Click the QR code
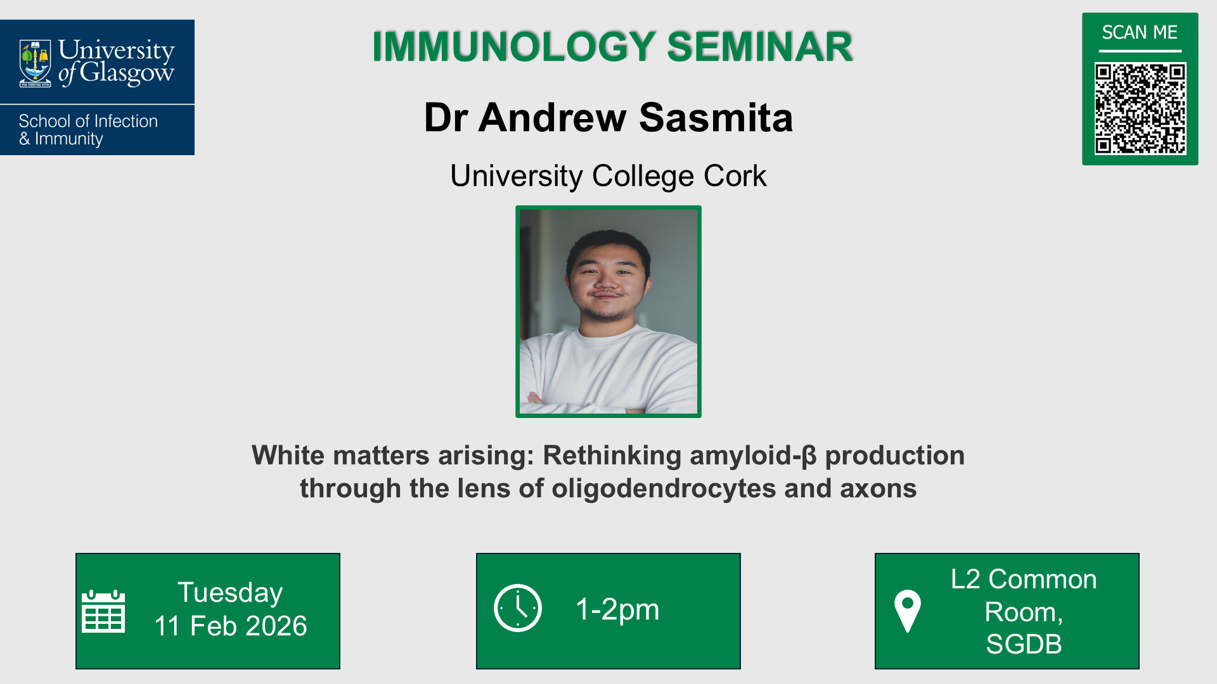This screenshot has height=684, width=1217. [1140, 108]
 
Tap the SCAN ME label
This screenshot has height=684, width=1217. [1139, 32]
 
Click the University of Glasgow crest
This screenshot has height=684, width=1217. [35, 63]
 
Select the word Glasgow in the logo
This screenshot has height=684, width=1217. [126, 73]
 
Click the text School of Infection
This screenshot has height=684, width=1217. [88, 121]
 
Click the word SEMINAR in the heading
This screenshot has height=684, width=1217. [759, 47]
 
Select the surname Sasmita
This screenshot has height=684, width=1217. [716, 118]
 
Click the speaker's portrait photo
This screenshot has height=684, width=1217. [608, 312]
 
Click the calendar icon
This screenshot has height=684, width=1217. [103, 611]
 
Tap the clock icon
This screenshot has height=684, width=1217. [518, 608]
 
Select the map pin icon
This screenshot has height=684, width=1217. [907, 611]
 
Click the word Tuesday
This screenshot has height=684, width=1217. [230, 593]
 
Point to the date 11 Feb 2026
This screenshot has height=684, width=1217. [231, 626]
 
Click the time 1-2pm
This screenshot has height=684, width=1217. [617, 609]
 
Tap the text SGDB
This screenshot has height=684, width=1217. [1024, 644]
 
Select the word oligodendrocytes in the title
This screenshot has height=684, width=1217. [664, 489]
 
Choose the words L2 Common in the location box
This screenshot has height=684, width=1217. [1024, 579]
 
